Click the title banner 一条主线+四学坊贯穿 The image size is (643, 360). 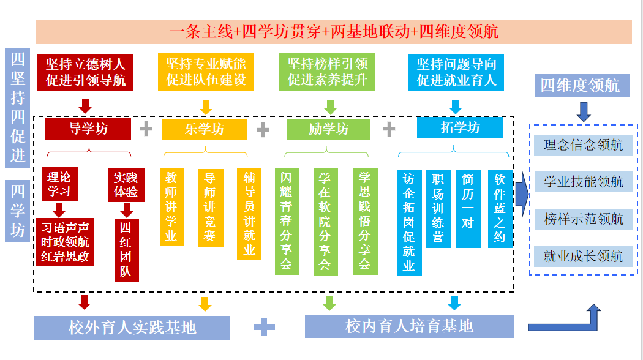point(334,31)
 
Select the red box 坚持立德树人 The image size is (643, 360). point(85,72)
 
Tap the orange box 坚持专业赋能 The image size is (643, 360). point(206,72)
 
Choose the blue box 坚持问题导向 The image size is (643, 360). point(456,72)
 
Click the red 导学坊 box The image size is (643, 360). point(88,129)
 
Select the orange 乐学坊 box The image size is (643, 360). point(205,129)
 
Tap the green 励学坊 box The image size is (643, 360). point(329,129)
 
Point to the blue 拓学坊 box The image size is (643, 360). point(460,127)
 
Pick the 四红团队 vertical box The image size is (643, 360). point(126,250)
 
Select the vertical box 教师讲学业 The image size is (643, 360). point(171,207)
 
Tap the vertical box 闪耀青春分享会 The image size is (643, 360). point(286,220)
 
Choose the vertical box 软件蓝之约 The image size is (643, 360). point(500,208)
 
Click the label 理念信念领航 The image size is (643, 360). point(583,145)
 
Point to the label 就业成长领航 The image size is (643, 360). point(583,256)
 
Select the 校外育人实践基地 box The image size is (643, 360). point(132,328)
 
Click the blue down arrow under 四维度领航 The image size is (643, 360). point(583,111)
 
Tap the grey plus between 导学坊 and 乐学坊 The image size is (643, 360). point(146,129)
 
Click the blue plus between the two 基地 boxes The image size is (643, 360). point(264,328)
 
